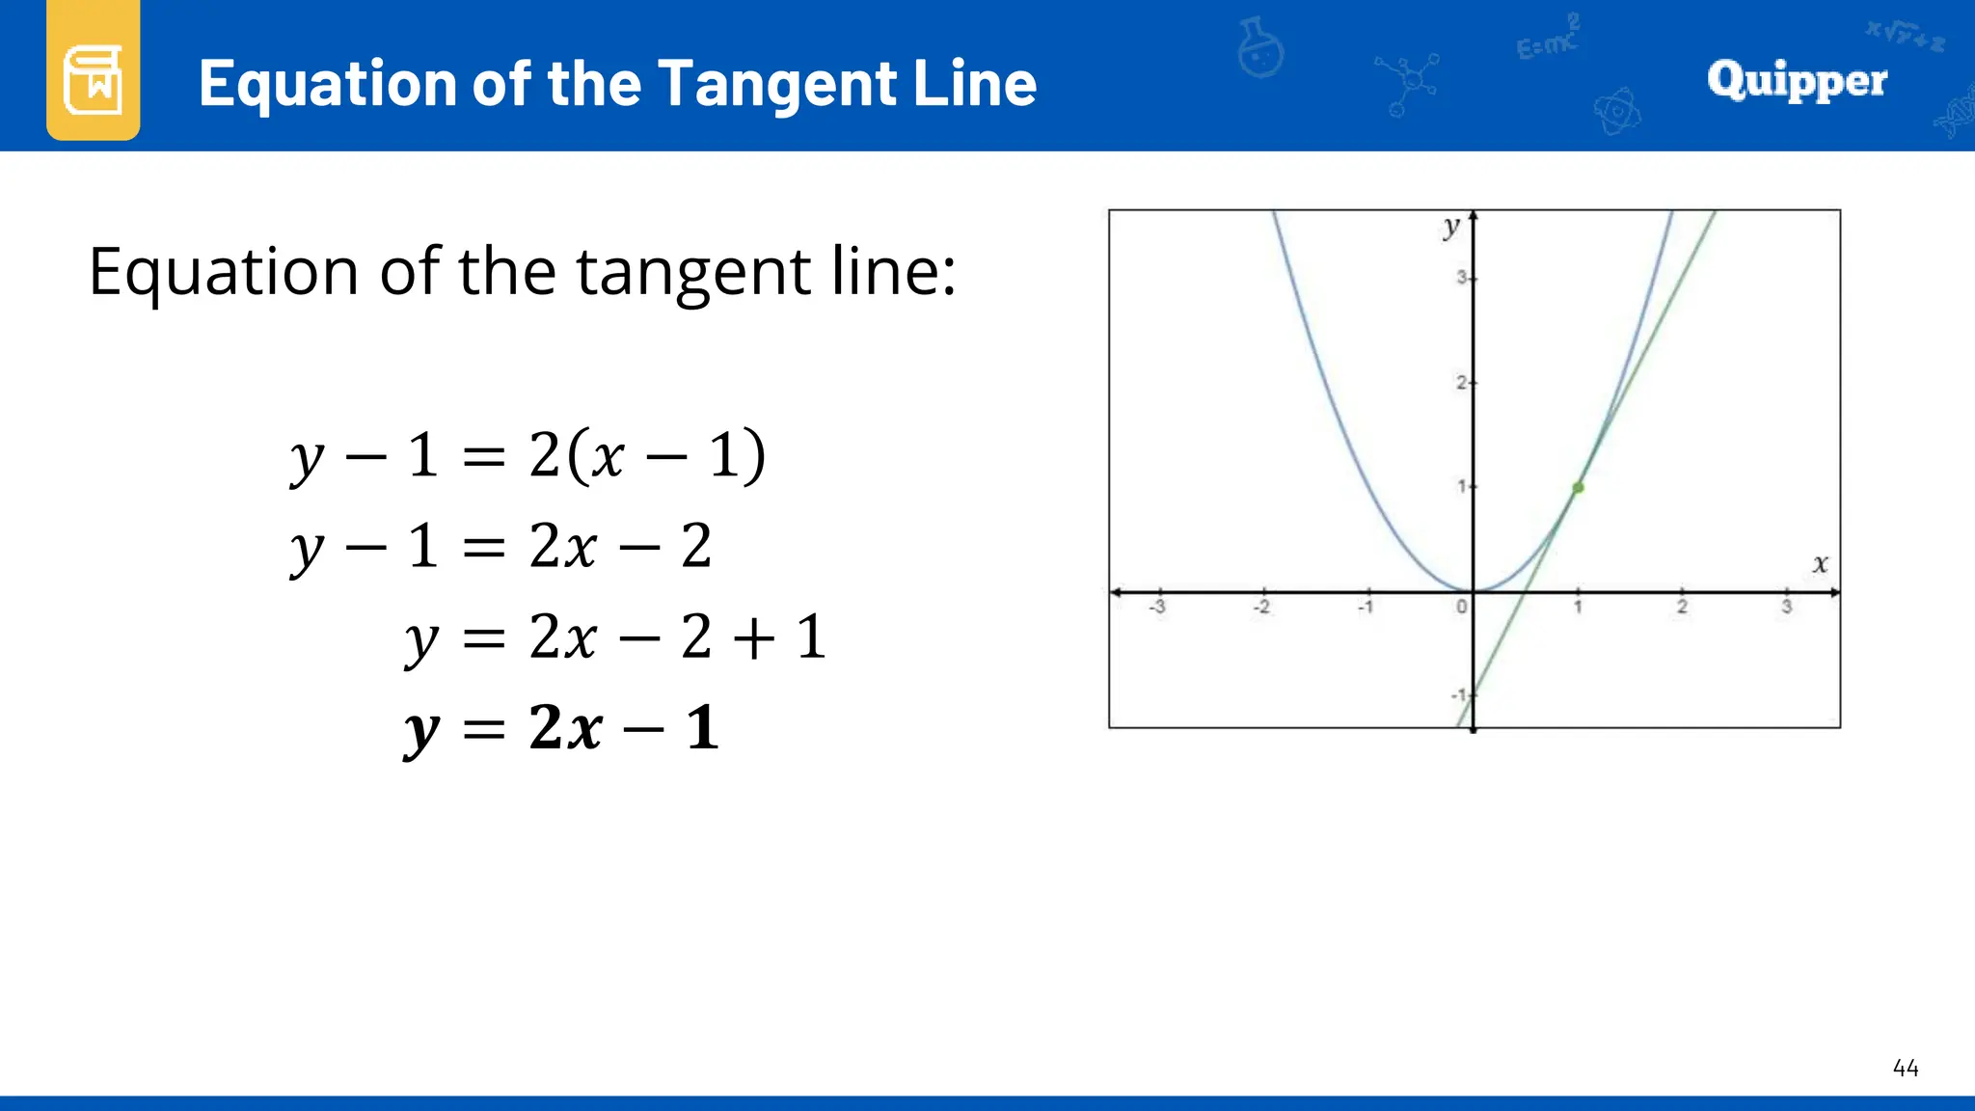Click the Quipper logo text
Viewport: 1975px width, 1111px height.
1797,81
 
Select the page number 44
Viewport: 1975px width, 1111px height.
1905,1068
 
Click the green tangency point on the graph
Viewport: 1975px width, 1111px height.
1578,488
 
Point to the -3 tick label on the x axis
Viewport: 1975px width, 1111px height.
1157,608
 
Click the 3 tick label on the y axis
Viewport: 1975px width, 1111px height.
1461,278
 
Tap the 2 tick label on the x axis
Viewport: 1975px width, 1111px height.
1682,608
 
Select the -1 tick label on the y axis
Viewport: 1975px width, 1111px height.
1458,695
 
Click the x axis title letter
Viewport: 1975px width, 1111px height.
1820,564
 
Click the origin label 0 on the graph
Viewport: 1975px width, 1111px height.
1461,608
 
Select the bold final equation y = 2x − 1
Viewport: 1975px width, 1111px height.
561,729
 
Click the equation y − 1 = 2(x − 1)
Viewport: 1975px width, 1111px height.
528,456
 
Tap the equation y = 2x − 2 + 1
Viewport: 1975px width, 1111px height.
615,637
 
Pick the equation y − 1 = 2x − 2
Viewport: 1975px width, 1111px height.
501,547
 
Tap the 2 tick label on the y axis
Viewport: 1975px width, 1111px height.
1461,383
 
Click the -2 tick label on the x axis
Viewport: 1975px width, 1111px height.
1261,608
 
